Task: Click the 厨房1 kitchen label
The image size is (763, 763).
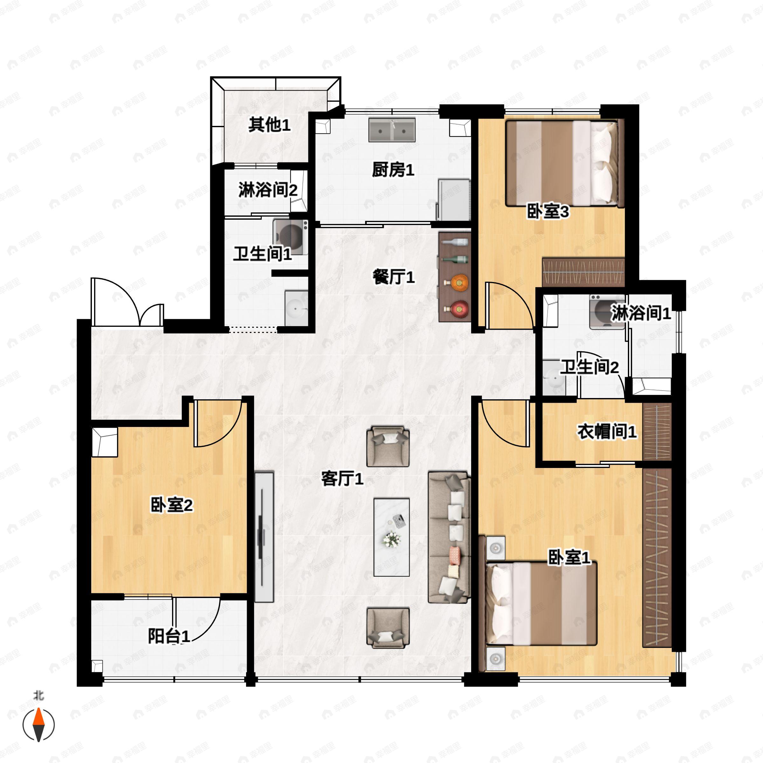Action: (x=393, y=170)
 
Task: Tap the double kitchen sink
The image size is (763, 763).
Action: (x=392, y=129)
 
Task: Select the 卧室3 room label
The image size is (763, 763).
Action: (x=548, y=212)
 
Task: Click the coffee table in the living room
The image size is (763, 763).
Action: (x=392, y=537)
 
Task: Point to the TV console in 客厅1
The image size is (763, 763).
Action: (x=264, y=537)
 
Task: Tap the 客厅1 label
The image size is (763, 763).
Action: (x=342, y=479)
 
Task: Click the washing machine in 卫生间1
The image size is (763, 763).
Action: (x=291, y=237)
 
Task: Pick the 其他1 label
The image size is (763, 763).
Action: (x=269, y=125)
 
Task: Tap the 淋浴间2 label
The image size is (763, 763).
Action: (x=268, y=190)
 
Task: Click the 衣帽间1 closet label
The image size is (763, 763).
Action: (x=607, y=432)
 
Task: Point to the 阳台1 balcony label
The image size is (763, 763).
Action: (x=169, y=636)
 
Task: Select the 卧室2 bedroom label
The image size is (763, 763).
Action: (x=171, y=505)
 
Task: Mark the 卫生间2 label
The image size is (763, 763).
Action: (x=589, y=367)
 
